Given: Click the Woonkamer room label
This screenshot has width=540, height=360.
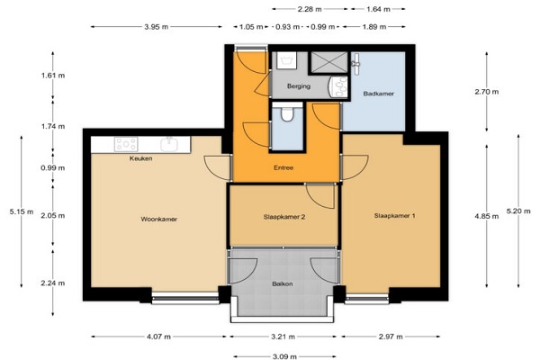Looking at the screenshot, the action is pos(158,219).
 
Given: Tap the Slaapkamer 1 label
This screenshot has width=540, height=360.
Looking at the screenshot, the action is pos(395,216).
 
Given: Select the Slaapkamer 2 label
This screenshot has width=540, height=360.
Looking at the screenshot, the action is pos(284,217).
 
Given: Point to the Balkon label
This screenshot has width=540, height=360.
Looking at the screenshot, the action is pos(283,283).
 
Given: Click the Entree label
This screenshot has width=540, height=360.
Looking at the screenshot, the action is pos(283,167).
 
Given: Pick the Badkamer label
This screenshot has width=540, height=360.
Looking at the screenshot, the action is pos(379,94).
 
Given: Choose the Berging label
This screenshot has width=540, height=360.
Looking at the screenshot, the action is pos(299,86).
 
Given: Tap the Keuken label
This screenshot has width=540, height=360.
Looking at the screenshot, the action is pos(141,158).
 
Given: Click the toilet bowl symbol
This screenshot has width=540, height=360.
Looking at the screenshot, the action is pos(287,114).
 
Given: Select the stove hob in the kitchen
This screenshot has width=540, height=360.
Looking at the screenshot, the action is pos(126,144).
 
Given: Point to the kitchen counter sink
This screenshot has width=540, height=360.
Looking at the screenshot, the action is pos(169,145).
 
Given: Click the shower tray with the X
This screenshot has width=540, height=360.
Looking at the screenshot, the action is pos(329,62).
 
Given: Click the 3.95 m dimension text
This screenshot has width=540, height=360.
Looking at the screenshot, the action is pos(157,27).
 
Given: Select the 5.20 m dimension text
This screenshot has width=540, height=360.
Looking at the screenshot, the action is pos(518,211).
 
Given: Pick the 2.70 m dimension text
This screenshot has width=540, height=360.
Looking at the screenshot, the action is pos(487,92).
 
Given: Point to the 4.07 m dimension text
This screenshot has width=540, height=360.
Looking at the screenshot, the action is pos(158,337).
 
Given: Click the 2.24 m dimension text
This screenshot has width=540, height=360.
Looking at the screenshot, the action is pos(53,283).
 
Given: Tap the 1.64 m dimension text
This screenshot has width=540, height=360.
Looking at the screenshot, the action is pos(378,9).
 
